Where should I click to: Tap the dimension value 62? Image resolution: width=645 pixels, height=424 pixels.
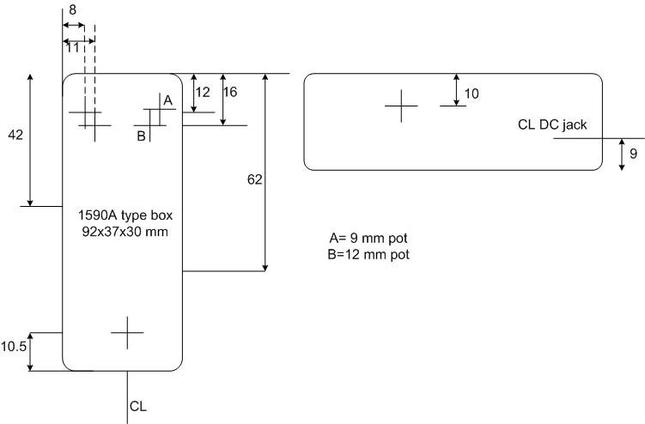[253, 179]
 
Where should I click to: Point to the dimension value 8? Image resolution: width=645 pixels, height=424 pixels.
[71, 8]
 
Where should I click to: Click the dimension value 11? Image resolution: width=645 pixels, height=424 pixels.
[72, 48]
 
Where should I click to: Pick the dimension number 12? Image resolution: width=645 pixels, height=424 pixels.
[203, 91]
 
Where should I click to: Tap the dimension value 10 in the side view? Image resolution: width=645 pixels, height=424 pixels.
[472, 92]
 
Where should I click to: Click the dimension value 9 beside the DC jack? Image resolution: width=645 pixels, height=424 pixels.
[634, 154]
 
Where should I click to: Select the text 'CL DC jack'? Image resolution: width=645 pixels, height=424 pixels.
[552, 124]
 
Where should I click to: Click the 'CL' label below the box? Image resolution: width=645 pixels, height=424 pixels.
[138, 405]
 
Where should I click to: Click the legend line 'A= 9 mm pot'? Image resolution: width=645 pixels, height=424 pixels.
[368, 239]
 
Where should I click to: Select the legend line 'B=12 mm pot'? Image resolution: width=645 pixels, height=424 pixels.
[369, 254]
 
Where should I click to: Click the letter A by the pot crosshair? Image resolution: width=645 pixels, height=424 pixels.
[167, 100]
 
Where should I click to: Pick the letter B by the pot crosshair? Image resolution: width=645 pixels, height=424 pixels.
[140, 134]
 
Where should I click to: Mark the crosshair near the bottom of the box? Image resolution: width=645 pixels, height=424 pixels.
[127, 332]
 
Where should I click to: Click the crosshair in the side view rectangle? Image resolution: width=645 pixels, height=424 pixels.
[401, 106]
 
